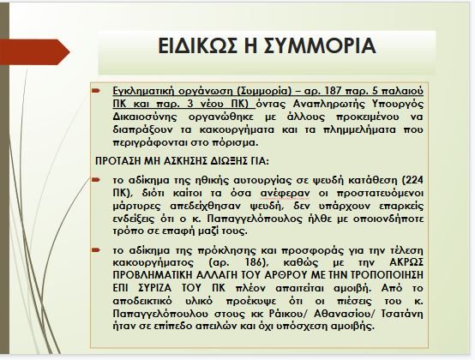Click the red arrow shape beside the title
click(x=35, y=51)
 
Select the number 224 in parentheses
click(x=414, y=180)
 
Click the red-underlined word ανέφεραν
click(x=285, y=193)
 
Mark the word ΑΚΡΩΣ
click(x=406, y=262)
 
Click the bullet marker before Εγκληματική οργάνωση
click(x=96, y=90)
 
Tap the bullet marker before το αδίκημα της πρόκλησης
click(x=96, y=250)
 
